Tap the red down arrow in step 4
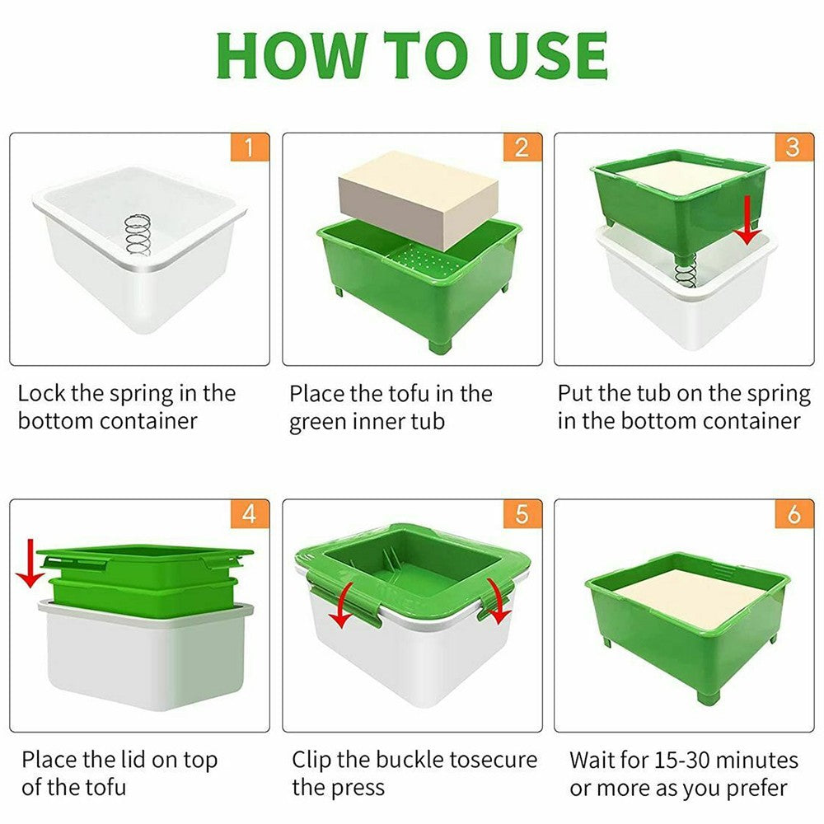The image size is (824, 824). click(30, 562)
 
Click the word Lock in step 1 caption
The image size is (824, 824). click(43, 393)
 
